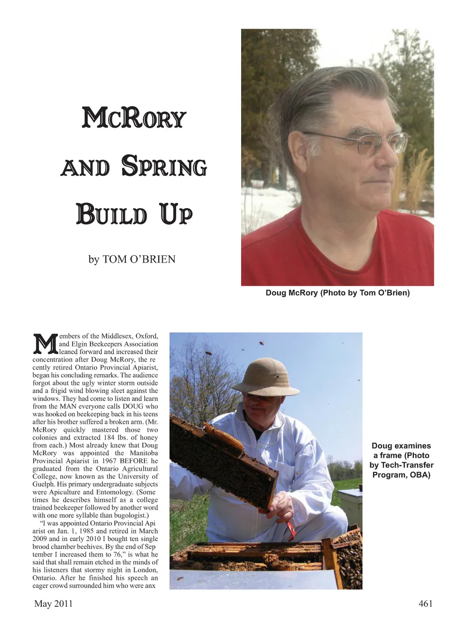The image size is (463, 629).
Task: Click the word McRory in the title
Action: (x=134, y=118)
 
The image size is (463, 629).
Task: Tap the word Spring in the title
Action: (x=164, y=166)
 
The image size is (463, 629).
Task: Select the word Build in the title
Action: (x=111, y=214)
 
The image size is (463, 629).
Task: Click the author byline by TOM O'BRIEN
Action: (x=132, y=259)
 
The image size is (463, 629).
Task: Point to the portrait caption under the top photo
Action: (x=338, y=293)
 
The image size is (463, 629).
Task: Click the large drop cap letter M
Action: (x=45, y=344)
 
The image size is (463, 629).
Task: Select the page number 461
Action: (x=425, y=603)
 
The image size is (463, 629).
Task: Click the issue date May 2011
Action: (x=54, y=603)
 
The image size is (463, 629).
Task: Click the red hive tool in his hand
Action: (x=290, y=530)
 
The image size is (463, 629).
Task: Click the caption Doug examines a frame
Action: (x=401, y=460)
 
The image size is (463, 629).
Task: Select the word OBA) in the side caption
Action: (x=419, y=475)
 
